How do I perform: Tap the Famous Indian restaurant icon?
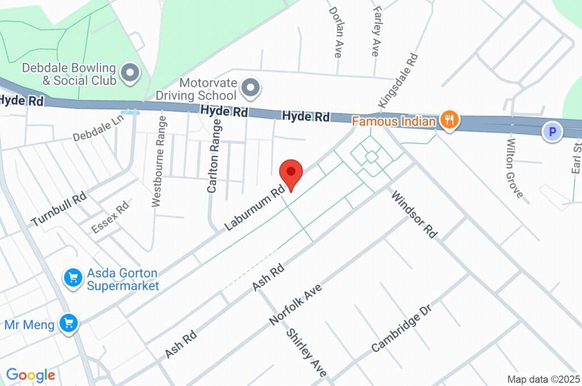tap(450, 121)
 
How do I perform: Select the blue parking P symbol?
tap(551, 132)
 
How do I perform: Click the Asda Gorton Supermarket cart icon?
tap(72, 278)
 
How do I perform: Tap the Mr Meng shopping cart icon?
tap(69, 324)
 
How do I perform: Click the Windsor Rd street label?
tap(414, 214)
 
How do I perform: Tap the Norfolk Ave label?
tap(296, 305)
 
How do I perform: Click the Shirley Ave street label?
tap(306, 353)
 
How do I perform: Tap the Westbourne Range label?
tap(159, 161)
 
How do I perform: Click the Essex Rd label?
tap(110, 220)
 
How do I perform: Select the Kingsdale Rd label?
tap(398, 82)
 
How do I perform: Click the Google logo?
tap(31, 375)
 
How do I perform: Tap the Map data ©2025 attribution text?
tap(544, 379)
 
